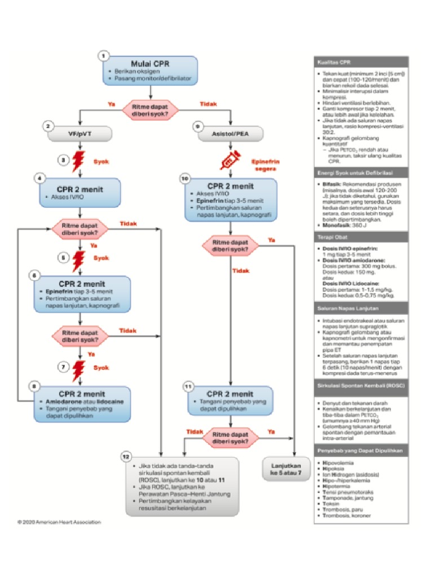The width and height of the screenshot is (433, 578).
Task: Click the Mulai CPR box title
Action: (x=150, y=63)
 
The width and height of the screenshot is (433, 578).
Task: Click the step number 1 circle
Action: (x=103, y=55)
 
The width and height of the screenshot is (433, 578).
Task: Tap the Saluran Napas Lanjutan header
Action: (x=347, y=309)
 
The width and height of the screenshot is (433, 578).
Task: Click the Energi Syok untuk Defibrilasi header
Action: (x=355, y=172)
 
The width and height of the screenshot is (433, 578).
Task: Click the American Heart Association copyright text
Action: (x=59, y=522)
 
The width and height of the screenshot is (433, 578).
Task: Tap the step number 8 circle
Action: (x=35, y=387)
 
